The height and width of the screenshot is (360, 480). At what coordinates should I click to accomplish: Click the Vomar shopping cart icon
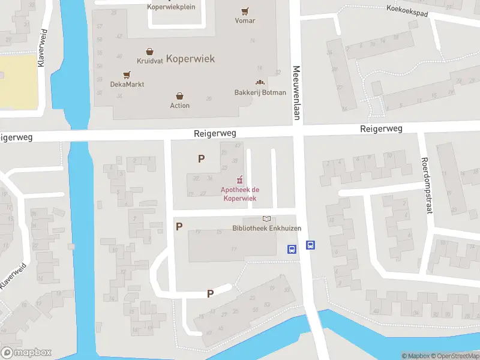[x=245, y=11]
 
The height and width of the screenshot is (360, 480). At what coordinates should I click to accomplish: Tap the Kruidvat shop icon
[x=149, y=52]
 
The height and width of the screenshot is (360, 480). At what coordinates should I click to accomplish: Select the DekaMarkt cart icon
[x=126, y=75]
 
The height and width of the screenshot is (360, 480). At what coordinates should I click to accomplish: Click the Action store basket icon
[x=179, y=96]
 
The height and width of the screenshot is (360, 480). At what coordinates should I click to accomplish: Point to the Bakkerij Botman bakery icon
[x=260, y=83]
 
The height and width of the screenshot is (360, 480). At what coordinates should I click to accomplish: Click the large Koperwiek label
[x=190, y=59]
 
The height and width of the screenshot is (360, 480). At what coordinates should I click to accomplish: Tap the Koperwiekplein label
[x=172, y=7]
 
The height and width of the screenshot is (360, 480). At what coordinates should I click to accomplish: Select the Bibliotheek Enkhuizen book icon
[x=266, y=219]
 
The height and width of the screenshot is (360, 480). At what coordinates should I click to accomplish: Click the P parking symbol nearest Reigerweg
[x=202, y=159]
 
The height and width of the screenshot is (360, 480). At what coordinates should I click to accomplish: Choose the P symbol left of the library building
[x=179, y=226]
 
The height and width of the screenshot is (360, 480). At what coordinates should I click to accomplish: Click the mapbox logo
[x=26, y=353]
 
